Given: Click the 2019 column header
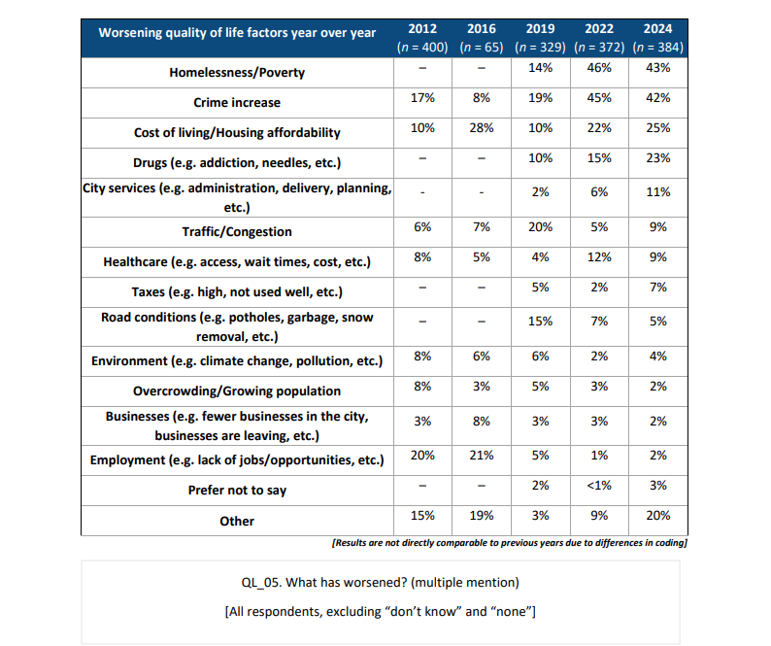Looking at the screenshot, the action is point(540,29).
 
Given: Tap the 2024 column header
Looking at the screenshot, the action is point(658,29).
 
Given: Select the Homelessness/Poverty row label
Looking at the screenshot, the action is point(237,73).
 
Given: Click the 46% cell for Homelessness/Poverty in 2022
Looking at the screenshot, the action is point(599,68).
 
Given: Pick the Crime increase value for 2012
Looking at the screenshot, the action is point(422,98).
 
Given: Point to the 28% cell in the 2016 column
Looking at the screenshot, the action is point(482,128).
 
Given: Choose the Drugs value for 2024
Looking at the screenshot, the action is point(658,158).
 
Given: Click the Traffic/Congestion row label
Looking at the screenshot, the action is point(237,232).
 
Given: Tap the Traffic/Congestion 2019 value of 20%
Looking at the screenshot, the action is point(540,226).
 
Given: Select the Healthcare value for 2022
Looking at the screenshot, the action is point(599,256).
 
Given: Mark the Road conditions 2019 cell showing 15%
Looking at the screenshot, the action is point(540,322).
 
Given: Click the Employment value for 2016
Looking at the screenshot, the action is point(482,455).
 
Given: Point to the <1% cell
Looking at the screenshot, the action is point(599,486).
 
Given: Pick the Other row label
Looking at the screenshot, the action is point(237,521).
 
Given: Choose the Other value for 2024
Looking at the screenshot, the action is point(658,516).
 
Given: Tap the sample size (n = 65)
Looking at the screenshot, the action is point(482,48).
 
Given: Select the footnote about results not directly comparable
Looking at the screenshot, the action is point(510,543).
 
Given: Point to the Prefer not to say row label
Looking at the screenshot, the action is point(237,491).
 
